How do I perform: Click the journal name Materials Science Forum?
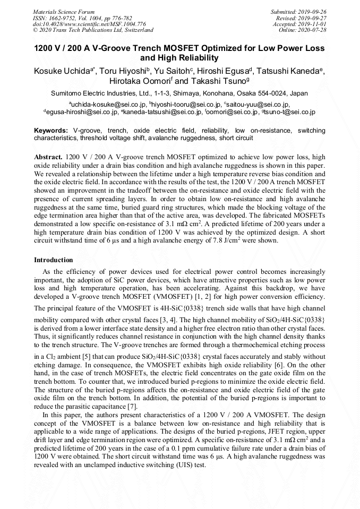(64, 11)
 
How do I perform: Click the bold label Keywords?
(51, 131)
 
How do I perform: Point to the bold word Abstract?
(48, 158)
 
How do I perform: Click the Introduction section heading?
(54, 260)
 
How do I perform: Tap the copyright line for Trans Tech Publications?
(93, 30)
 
